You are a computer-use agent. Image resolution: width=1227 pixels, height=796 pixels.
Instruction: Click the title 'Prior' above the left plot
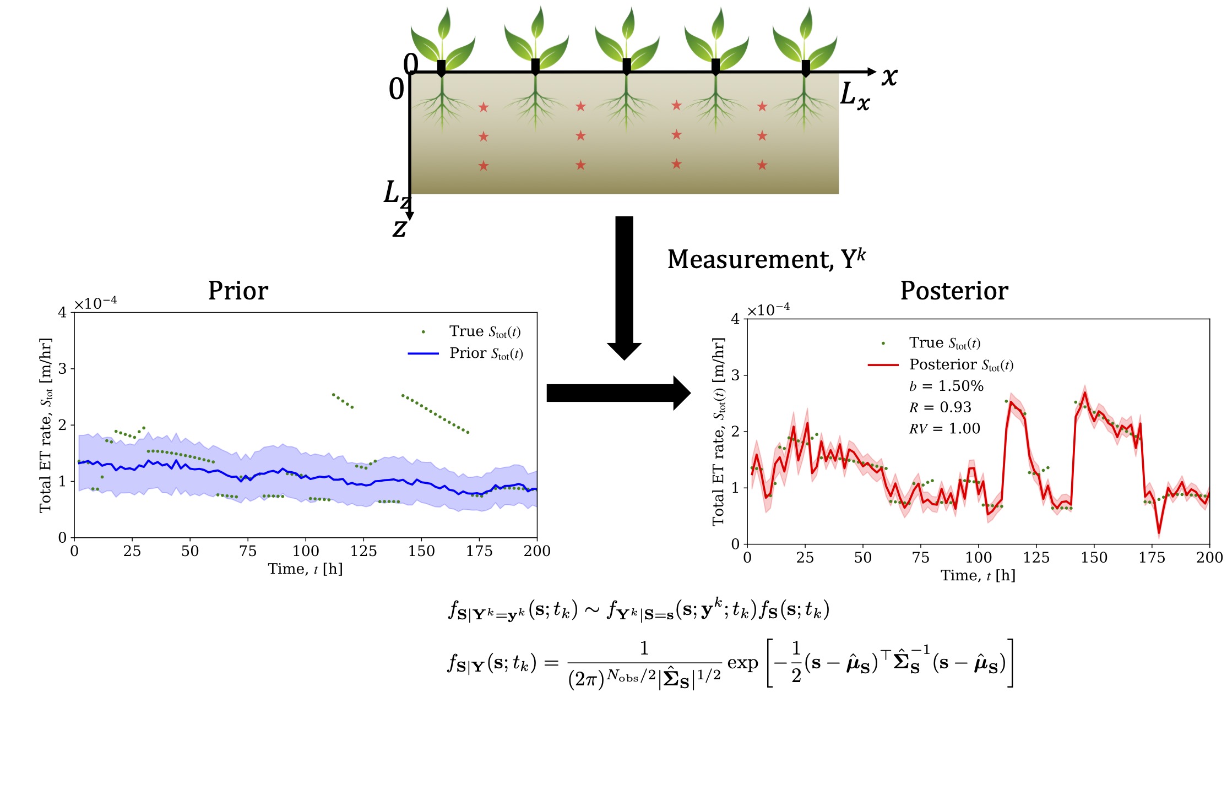[238, 291]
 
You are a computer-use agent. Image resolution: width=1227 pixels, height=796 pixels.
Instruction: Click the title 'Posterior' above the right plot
[954, 291]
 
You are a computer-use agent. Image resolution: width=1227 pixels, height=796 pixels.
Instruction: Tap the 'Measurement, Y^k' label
[766, 259]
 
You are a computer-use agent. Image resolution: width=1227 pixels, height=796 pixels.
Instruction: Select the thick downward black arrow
[624, 286]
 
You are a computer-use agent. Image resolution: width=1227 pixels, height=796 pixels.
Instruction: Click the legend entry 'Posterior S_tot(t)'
[961, 365]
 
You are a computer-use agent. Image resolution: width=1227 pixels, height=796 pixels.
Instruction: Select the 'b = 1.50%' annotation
[946, 386]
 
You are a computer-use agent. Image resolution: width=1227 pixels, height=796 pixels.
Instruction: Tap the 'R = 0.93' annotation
[940, 407]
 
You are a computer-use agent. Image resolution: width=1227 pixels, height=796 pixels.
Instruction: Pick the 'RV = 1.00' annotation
[944, 429]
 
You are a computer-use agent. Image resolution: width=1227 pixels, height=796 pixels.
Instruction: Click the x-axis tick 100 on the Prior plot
[306, 551]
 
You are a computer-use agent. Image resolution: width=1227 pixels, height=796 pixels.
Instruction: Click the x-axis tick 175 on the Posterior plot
[1152, 558]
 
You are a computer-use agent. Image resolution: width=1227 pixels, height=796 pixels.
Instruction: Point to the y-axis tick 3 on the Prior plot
[62, 369]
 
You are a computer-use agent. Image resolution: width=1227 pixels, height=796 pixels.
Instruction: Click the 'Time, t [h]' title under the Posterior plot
[978, 576]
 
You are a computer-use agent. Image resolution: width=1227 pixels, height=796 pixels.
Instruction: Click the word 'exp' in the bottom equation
[742, 663]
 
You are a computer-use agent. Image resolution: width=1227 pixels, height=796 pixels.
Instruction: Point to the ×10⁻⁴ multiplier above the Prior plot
[95, 303]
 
